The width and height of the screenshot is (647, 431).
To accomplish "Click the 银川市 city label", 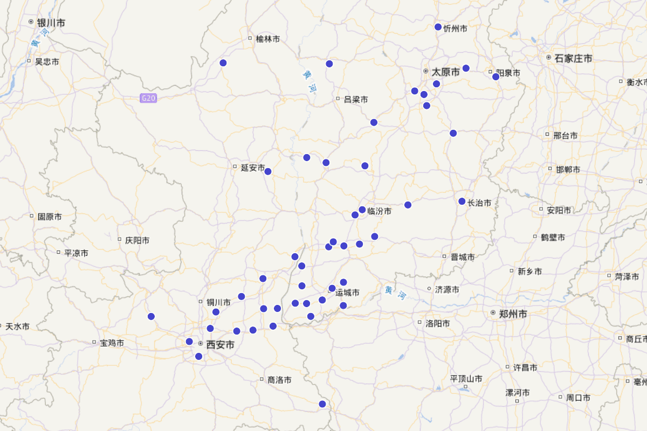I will [51, 23].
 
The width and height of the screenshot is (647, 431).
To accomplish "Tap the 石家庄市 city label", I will [573, 58].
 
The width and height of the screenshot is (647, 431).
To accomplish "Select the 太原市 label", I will [446, 71].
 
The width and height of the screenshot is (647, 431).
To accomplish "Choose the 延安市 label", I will [252, 168].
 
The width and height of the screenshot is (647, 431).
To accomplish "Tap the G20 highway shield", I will [148, 98].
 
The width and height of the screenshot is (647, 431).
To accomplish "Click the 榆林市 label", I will [268, 39].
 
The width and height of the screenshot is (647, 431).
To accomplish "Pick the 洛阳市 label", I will [438, 324].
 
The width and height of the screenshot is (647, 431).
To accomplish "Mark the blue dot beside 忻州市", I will [438, 27].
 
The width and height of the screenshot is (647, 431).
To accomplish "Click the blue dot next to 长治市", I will [462, 201].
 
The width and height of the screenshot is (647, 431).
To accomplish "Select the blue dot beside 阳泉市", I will [496, 77].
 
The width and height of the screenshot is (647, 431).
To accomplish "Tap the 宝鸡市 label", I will [112, 343].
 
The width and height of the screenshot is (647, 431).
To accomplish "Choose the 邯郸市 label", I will [568, 169].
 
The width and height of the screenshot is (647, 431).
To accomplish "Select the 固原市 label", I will [49, 217].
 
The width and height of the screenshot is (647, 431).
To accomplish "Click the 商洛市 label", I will [279, 380].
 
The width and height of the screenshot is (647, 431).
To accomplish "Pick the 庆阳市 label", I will [137, 240].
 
